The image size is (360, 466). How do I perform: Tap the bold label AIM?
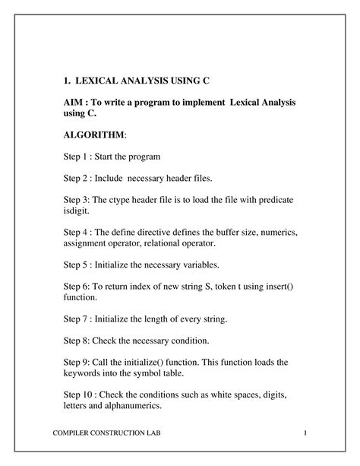(x=74, y=101)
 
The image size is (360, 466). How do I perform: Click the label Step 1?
(x=77, y=156)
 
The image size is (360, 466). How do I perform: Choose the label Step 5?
(x=77, y=266)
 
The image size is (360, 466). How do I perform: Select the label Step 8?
(x=76, y=343)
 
